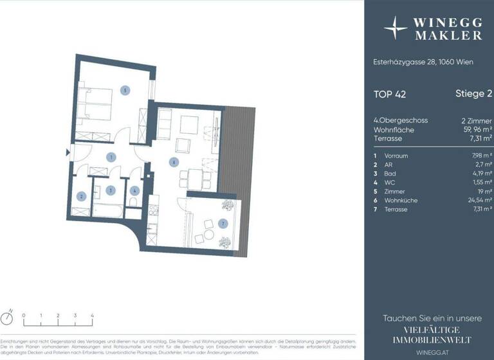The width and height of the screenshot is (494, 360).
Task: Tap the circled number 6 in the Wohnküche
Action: pyautogui.click(x=173, y=162)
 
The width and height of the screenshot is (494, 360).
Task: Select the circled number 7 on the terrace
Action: pyautogui.click(x=223, y=224)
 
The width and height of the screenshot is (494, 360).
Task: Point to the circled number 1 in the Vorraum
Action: pyautogui.click(x=111, y=156)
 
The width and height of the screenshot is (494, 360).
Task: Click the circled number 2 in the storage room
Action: pyautogui.click(x=82, y=196)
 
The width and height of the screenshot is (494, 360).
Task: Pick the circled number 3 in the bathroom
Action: pyautogui.click(x=111, y=190)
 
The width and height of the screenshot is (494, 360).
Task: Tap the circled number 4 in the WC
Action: pyautogui.click(x=134, y=190)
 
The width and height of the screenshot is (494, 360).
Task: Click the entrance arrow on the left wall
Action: pyautogui.click(x=68, y=152)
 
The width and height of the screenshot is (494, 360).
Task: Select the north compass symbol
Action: pyautogui.click(x=8, y=318)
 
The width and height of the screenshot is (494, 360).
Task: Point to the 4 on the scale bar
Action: pyautogui.click(x=92, y=316)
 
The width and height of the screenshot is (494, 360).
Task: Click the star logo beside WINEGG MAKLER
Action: pyautogui.click(x=396, y=28)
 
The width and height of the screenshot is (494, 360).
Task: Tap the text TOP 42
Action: pyautogui.click(x=389, y=94)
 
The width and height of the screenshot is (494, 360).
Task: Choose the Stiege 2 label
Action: pyautogui.click(x=469, y=94)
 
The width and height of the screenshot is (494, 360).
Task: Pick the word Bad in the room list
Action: pyautogui.click(x=390, y=174)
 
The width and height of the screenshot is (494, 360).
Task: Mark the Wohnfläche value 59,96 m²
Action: pyautogui.click(x=476, y=129)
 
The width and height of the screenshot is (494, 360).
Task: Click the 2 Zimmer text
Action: pyautogui.click(x=477, y=120)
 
